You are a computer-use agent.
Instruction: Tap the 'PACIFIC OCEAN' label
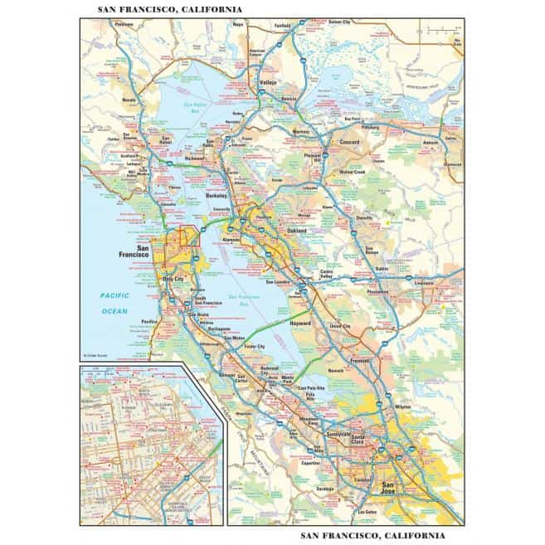point(109,303)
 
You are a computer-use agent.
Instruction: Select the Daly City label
point(174,280)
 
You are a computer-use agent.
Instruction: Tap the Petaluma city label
point(124,25)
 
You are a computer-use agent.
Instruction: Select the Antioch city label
point(430,142)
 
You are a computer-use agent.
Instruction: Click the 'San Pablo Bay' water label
point(193,107)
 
